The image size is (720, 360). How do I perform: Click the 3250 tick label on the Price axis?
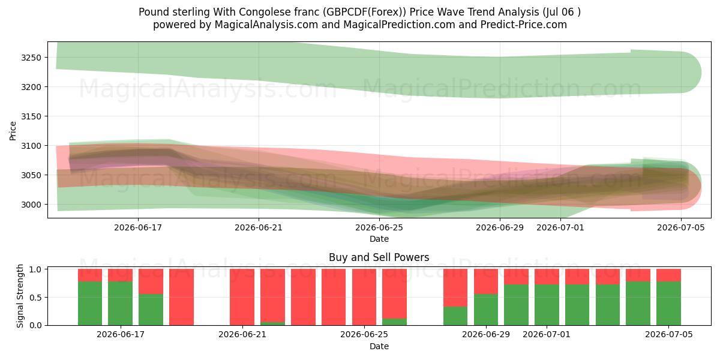pyautogui.click(x=31, y=58)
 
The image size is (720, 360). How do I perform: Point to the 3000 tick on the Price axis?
pyautogui.click(x=31, y=205)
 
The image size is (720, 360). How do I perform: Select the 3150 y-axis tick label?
pyautogui.click(x=31, y=116)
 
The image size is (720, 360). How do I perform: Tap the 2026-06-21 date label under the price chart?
pyautogui.click(x=259, y=227)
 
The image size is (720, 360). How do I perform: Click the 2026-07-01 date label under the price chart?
pyautogui.click(x=560, y=227)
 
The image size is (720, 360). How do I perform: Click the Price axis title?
pyautogui.click(x=13, y=131)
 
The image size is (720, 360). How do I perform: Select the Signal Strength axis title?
pyautogui.click(x=20, y=296)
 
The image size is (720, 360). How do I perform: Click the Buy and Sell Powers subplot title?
pyautogui.click(x=379, y=257)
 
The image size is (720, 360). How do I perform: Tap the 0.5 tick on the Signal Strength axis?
pyautogui.click(x=37, y=298)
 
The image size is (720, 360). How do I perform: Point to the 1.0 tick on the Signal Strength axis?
pyautogui.click(x=37, y=269)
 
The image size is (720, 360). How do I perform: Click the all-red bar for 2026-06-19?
pyautogui.click(x=181, y=297)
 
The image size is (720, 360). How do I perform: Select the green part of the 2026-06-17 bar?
pyautogui.click(x=120, y=304)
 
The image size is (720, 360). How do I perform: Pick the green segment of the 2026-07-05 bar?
pyautogui.click(x=668, y=304)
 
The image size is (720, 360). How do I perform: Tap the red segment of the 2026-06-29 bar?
pyautogui.click(x=485, y=281)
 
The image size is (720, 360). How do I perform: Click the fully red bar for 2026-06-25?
pyautogui.click(x=364, y=297)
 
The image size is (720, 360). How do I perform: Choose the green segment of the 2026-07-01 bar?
pyautogui.click(x=547, y=305)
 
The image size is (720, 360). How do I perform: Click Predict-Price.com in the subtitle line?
pyautogui.click(x=524, y=25)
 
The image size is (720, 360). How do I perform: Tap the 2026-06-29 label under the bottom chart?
pyautogui.click(x=485, y=335)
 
